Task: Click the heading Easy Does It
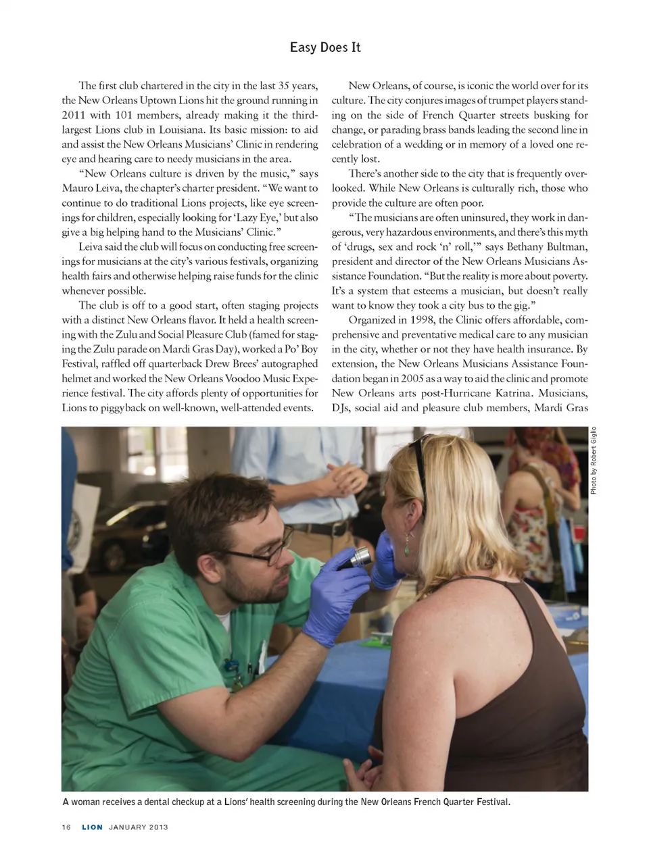(x=325, y=47)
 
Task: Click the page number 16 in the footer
(x=66, y=827)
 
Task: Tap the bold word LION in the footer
(x=92, y=827)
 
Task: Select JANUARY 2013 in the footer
(x=138, y=827)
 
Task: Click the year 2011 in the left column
(x=73, y=115)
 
